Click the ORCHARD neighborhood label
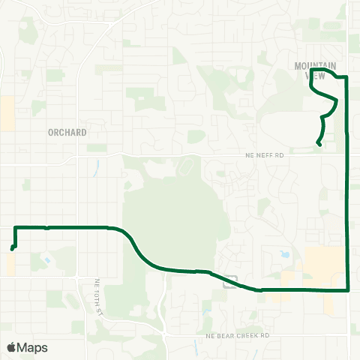67,132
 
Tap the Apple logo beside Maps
11,347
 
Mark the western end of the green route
12,249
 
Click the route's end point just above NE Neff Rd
319,144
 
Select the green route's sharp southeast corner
349,289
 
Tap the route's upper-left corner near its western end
15,227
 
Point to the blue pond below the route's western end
48,260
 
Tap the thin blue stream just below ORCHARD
97,166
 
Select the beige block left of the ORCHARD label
8,112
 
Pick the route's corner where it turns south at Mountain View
345,76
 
